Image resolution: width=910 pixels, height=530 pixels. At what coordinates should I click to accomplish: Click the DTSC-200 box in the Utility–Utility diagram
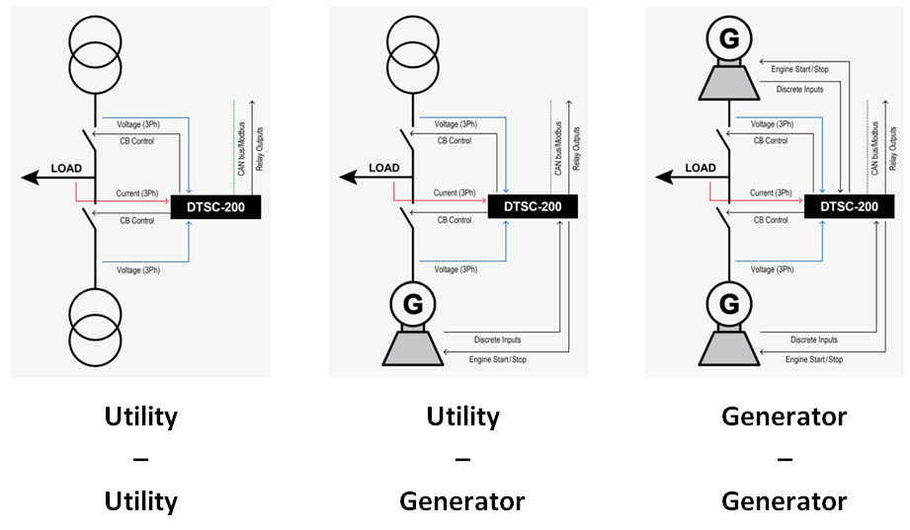click(x=214, y=207)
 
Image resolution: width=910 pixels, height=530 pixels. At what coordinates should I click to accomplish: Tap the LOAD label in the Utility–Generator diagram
click(x=384, y=168)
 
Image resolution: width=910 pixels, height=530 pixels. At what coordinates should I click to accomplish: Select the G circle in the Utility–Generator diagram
click(x=413, y=302)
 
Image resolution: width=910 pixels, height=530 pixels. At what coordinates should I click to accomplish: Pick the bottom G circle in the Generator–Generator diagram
click(x=729, y=302)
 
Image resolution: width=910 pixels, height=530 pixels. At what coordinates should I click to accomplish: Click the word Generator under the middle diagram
click(x=461, y=501)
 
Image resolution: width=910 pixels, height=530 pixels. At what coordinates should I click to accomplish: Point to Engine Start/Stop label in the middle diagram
click(x=498, y=359)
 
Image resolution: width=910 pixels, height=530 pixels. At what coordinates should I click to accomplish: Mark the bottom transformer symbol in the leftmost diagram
click(x=96, y=326)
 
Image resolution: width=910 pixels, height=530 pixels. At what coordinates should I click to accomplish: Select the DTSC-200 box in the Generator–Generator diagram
click(x=849, y=207)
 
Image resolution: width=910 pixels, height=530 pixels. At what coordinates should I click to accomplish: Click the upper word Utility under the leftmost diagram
click(x=141, y=416)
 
